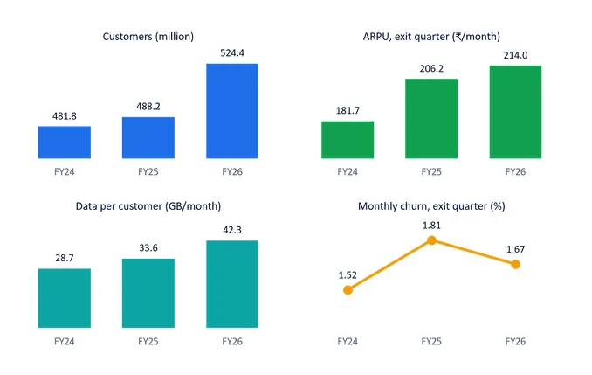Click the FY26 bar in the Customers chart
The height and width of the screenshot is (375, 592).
(232, 111)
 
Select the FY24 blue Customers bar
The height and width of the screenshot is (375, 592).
(65, 142)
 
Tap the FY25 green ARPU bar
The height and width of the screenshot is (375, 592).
(431, 118)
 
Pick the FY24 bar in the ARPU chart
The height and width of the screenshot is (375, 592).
(348, 140)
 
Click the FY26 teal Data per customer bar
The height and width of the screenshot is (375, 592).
(232, 284)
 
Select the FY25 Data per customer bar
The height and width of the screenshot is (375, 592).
(148, 293)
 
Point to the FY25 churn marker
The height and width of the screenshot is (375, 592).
(431, 240)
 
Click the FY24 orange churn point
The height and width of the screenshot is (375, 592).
(348, 290)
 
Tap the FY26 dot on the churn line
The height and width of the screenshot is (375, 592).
(515, 264)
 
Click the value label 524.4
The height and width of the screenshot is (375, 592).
(232, 53)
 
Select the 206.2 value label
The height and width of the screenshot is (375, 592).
(431, 68)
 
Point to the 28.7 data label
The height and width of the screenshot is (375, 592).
(65, 258)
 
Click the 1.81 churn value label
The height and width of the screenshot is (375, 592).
(431, 226)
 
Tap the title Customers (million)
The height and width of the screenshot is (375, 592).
(148, 37)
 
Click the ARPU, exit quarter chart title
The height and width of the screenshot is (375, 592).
(431, 37)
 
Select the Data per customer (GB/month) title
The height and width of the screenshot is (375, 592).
(148, 206)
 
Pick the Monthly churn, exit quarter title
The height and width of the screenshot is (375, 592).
(431, 206)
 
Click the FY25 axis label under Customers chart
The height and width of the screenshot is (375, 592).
(148, 172)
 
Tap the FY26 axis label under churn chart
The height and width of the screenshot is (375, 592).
(515, 342)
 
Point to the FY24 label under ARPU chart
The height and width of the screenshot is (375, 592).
(348, 172)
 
